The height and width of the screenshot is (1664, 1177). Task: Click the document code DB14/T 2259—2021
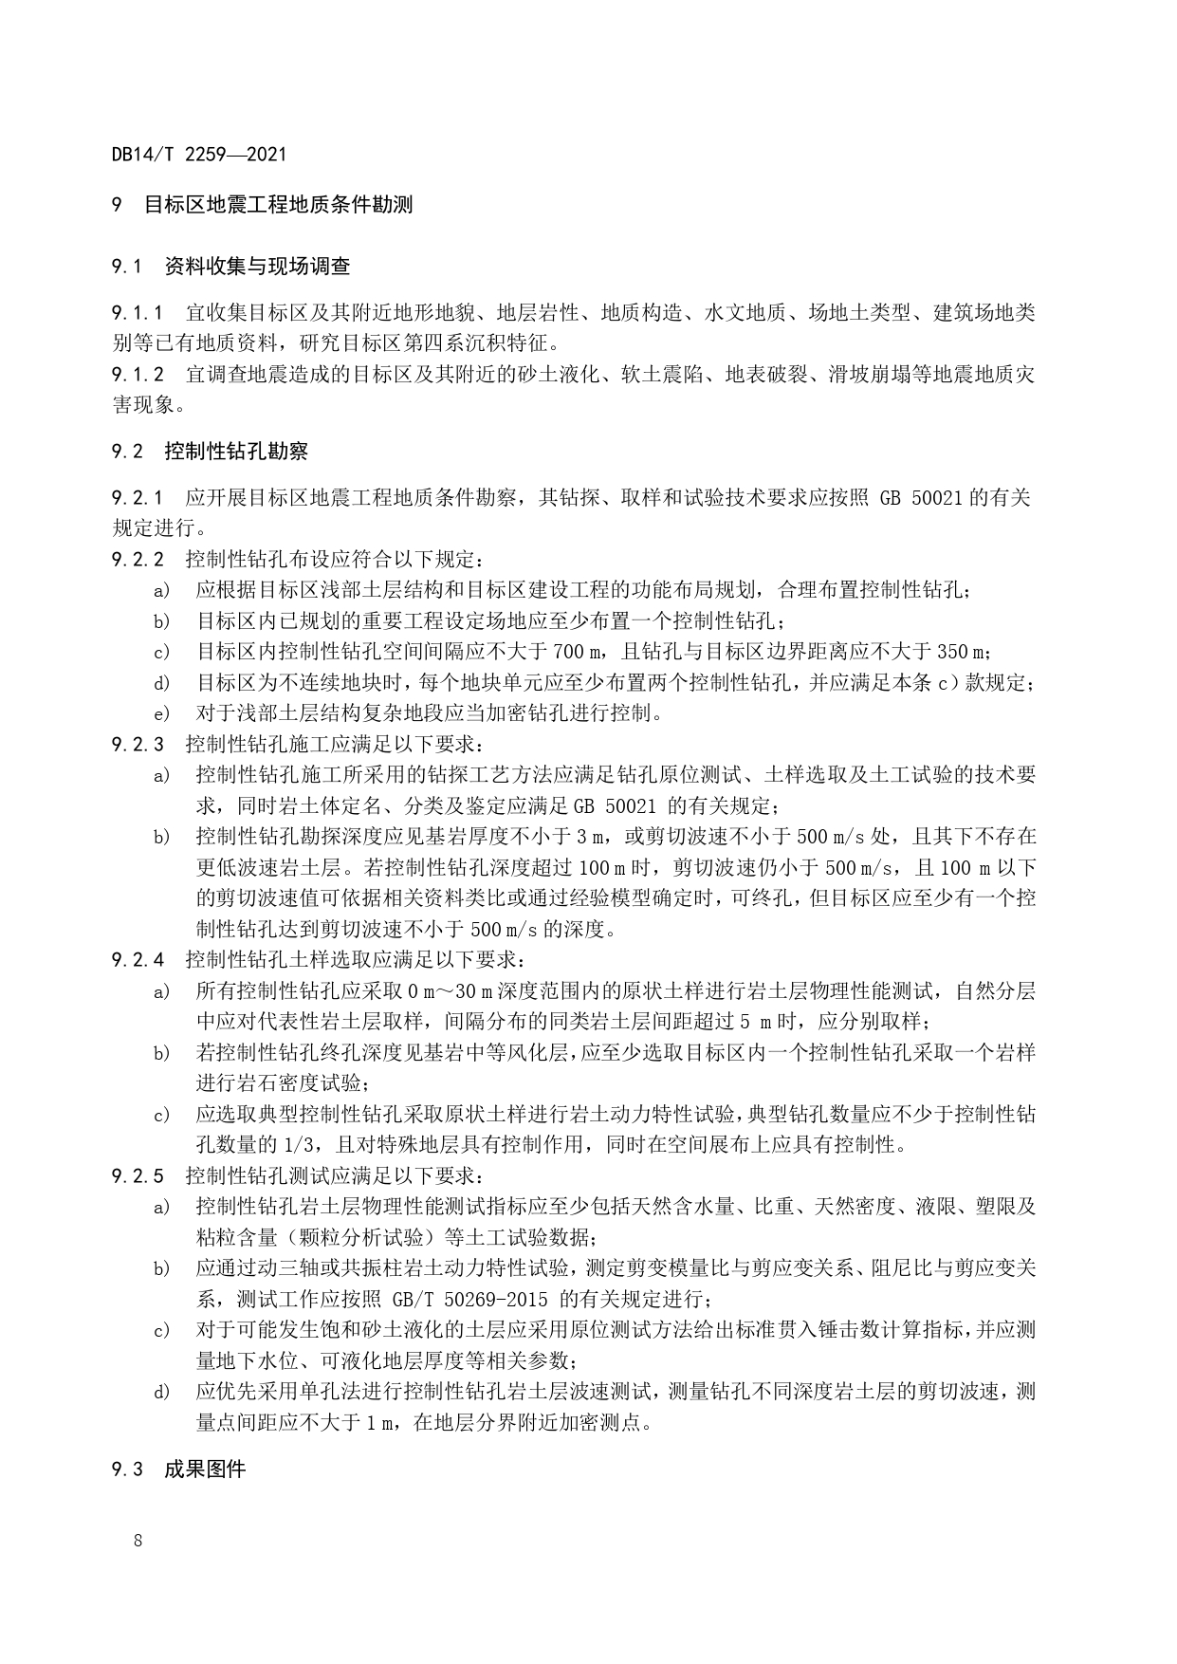pyautogui.click(x=199, y=154)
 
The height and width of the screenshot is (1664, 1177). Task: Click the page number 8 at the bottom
pyautogui.click(x=138, y=1539)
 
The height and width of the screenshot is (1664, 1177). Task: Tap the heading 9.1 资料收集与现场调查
pyautogui.click(x=230, y=267)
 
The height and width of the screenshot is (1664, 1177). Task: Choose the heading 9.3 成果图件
pyautogui.click(x=178, y=1470)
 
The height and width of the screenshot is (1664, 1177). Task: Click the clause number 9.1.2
pyautogui.click(x=138, y=374)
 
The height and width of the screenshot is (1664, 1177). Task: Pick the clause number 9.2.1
pyautogui.click(x=138, y=497)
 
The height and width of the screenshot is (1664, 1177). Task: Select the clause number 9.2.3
pyautogui.click(x=138, y=744)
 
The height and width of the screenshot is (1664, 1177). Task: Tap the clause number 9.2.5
pyautogui.click(x=138, y=1176)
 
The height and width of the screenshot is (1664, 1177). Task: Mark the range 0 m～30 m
pyautogui.click(x=447, y=991)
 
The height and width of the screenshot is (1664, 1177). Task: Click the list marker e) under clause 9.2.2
pyautogui.click(x=161, y=713)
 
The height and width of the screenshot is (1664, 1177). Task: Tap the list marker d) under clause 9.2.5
pyautogui.click(x=161, y=1393)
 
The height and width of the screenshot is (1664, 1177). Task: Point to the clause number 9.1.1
pyautogui.click(x=138, y=312)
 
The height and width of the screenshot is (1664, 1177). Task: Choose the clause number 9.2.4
pyautogui.click(x=138, y=960)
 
